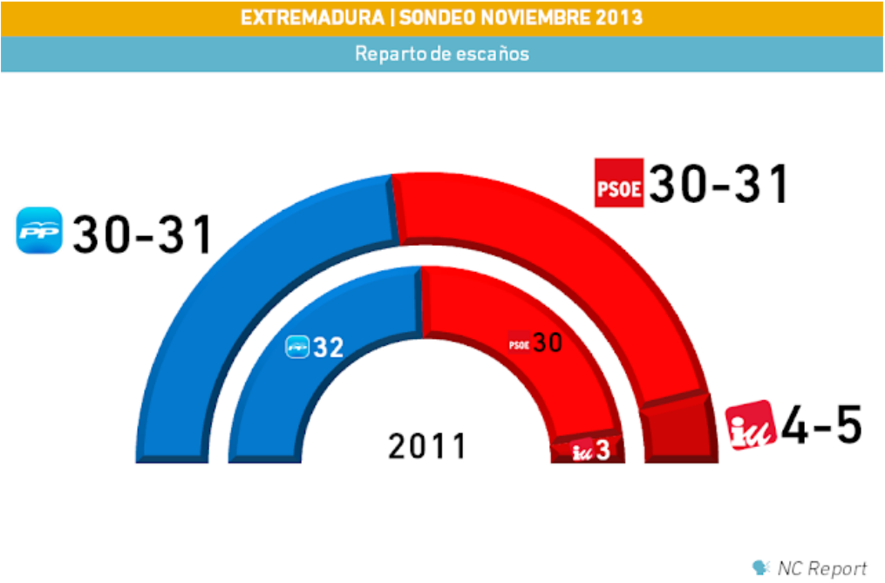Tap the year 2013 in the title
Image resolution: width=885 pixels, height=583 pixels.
[616, 17]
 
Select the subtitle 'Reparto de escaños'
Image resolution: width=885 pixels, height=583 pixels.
[442, 54]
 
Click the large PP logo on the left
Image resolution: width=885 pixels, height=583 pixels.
[40, 231]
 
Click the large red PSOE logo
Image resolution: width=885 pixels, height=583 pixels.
[618, 183]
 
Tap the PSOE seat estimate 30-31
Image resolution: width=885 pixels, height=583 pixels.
[719, 183]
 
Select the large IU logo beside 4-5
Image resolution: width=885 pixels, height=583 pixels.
[750, 424]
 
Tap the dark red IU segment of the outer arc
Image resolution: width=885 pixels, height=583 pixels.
[676, 431]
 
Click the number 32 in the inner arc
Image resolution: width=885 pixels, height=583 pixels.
[329, 347]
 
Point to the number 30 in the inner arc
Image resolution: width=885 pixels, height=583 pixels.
[548, 343]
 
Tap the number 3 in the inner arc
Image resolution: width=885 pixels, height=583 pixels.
[602, 451]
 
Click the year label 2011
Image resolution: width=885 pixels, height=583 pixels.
[427, 446]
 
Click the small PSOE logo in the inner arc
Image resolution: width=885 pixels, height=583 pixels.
[520, 344]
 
